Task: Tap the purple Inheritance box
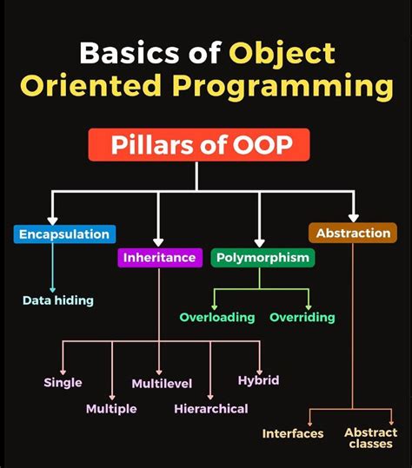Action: pos(159,257)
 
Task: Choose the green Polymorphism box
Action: pos(262,257)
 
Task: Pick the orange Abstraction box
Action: pos(353,233)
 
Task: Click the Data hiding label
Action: pos(57,300)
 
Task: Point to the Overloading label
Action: pos(216,317)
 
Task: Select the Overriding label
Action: pos(302,317)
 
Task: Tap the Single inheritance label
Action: pos(63,382)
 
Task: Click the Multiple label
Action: pos(111,408)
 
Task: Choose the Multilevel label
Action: pos(162,383)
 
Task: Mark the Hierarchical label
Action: pos(210,408)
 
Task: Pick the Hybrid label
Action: pos(258,380)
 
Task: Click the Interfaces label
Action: pos(293,433)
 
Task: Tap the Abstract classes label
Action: pos(370,438)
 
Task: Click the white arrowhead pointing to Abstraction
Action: pos(353,218)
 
